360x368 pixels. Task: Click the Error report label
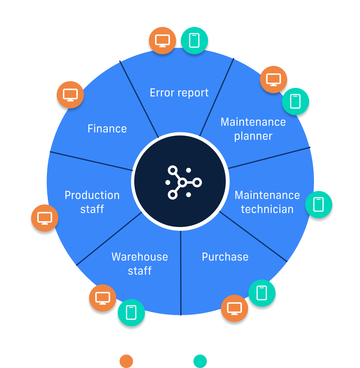pyautogui.click(x=179, y=93)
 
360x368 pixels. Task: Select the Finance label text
pyautogui.click(x=107, y=129)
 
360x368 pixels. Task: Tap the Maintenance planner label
pyautogui.click(x=253, y=129)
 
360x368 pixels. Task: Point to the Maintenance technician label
pyautogui.click(x=267, y=202)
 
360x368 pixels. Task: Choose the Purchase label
pyautogui.click(x=225, y=257)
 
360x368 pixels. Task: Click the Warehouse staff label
pyautogui.click(x=140, y=264)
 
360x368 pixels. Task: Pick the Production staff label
pyautogui.click(x=92, y=202)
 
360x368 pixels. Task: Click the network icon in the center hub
pyautogui.click(x=183, y=182)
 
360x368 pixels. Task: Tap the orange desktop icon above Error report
pyautogui.click(x=162, y=41)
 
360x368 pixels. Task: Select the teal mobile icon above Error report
pyautogui.click(x=194, y=41)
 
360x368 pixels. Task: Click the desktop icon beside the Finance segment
pyautogui.click(x=70, y=95)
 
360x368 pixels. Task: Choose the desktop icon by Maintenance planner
pyautogui.click(x=273, y=80)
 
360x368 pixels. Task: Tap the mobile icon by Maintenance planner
pyautogui.click(x=295, y=102)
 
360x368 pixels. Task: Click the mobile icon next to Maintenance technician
pyautogui.click(x=319, y=205)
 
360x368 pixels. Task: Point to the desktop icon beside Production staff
pyautogui.click(x=45, y=218)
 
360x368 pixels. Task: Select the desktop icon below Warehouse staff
pyautogui.click(x=103, y=298)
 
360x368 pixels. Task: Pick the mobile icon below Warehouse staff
pyautogui.click(x=131, y=312)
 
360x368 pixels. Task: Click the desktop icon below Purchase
pyautogui.click(x=234, y=308)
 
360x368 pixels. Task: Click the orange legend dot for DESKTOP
pyautogui.click(x=126, y=361)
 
